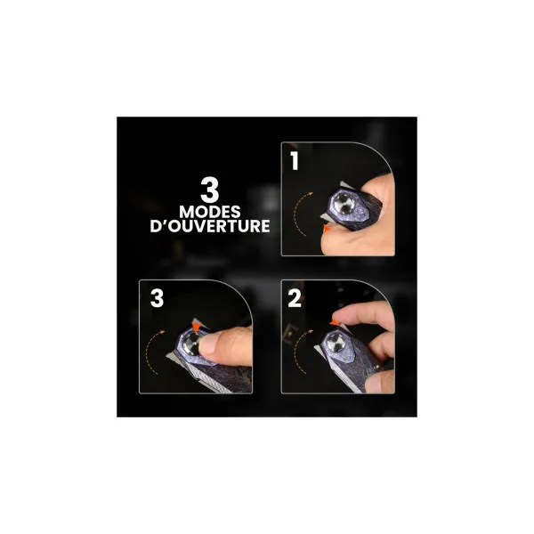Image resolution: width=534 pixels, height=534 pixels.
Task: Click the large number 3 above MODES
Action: [x=209, y=190]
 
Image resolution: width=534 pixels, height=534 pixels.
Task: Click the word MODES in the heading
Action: [x=210, y=212]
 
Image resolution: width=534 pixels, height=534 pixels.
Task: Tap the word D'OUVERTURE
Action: [x=210, y=226]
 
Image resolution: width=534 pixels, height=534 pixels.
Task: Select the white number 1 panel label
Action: [x=295, y=160]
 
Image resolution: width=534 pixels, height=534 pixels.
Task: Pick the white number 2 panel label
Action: [x=295, y=298]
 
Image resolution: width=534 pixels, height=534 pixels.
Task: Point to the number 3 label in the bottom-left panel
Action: [x=157, y=298]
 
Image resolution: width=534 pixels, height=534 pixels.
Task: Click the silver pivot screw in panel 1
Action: [x=344, y=205]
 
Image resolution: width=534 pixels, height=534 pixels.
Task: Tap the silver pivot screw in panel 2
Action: [x=336, y=343]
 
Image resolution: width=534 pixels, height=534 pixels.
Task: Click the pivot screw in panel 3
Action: [x=191, y=344]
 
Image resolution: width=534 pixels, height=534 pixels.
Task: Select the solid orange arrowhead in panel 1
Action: [x=327, y=229]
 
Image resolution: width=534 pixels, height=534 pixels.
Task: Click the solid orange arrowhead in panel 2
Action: [x=335, y=322]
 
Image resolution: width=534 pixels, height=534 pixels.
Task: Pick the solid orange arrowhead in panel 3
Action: [x=197, y=327]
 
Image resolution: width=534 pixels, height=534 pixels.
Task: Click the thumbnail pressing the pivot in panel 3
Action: [x=208, y=344]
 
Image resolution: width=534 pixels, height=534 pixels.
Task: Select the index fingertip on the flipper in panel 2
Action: [x=343, y=315]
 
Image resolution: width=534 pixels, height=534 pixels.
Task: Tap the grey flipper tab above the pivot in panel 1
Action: [x=346, y=185]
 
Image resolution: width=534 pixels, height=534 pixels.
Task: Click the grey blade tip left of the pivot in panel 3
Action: [x=171, y=355]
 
